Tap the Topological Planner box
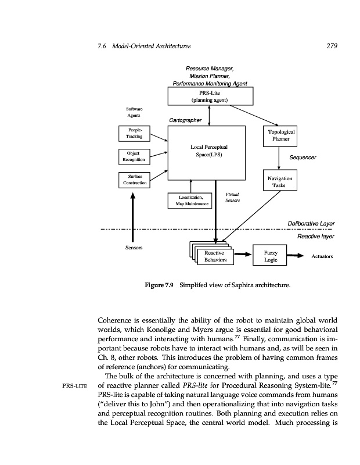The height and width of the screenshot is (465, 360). [x=279, y=135]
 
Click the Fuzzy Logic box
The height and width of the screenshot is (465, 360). [x=271, y=256]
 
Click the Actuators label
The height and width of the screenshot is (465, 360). [x=322, y=256]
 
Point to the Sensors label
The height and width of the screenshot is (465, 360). [x=134, y=248]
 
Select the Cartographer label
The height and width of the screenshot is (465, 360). [x=185, y=120]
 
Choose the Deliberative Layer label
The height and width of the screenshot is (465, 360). [x=311, y=224]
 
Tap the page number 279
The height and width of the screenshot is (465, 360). [x=329, y=45]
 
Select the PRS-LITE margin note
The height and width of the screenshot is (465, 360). [x=74, y=385]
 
